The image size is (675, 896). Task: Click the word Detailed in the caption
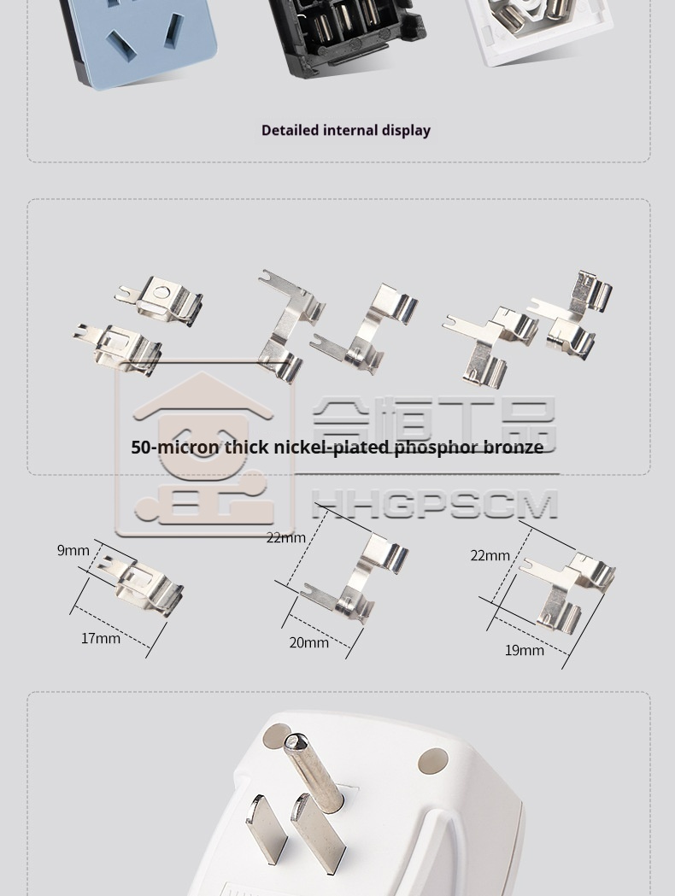290,131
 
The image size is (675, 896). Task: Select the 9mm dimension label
73,550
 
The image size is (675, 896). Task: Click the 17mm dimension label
101,638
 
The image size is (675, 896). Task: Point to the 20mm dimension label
308,643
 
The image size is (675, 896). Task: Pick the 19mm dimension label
524,650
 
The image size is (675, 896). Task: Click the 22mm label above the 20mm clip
285,538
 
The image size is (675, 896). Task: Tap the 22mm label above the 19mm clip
490,555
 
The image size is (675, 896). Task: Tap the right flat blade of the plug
317,835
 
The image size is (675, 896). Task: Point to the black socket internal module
346,34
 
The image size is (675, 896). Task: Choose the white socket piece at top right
537,28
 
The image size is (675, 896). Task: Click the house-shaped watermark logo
204,448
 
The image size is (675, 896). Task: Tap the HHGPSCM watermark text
435,504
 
